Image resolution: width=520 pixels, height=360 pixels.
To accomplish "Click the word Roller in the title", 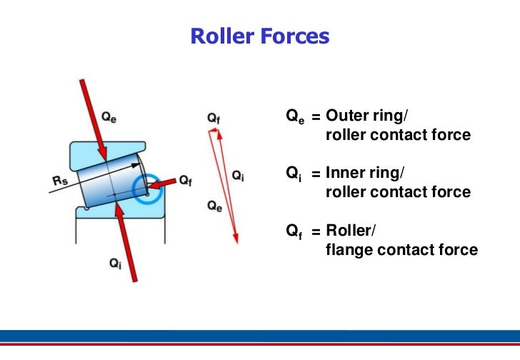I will point(220,36).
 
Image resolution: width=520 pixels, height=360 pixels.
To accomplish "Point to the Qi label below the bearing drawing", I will point(115,264).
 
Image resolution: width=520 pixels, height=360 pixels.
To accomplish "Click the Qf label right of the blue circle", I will point(186,181).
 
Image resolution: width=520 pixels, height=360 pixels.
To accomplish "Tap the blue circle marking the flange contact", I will point(150,187).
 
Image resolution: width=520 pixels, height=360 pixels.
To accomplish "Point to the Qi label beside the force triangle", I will point(238,176).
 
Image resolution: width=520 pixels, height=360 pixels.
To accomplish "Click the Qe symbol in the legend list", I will point(294,117).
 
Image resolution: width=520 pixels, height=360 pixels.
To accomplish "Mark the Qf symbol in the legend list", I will point(294,231).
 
